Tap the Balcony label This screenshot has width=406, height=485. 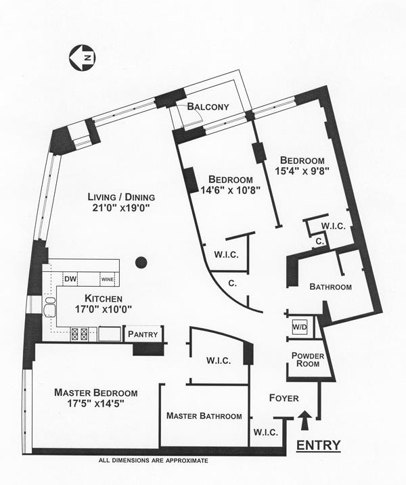[x=208, y=106]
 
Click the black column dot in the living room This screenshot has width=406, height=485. [x=141, y=262]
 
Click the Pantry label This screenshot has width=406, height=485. [x=143, y=333]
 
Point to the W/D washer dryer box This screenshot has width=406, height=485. [x=299, y=327]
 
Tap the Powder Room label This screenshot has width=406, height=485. [x=308, y=360]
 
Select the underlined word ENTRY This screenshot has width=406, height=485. [x=319, y=445]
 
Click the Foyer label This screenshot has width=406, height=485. [x=284, y=398]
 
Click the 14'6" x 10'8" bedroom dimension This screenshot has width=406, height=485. [x=230, y=190]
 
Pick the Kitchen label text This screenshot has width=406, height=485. [x=103, y=298]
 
